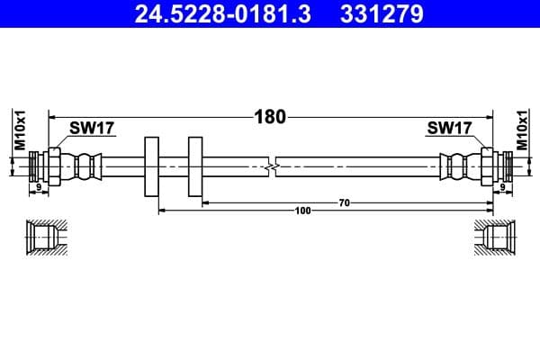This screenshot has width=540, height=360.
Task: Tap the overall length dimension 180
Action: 269,116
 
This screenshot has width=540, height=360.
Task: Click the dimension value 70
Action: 344,203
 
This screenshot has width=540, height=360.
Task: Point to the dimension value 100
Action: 302,211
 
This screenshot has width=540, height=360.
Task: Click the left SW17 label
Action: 93,129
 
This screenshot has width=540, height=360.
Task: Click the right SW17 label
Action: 449,129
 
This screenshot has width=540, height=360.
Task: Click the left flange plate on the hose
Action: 151,167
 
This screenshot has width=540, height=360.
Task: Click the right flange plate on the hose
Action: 195,167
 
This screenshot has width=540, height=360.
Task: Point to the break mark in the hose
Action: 272,167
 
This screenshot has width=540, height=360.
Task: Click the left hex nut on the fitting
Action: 55,166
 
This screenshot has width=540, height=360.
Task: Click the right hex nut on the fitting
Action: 486,166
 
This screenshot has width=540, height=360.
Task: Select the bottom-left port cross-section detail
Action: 43,238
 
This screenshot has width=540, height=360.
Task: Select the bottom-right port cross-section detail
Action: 496,238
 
